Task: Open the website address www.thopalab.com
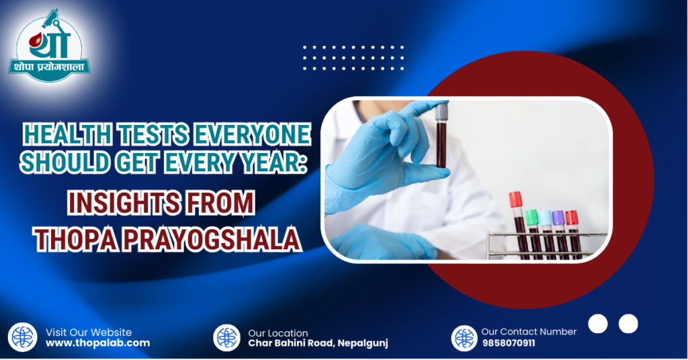97,343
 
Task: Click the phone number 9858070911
509,343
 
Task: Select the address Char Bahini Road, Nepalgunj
318,344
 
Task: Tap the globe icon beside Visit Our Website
23,337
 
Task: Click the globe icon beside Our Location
226,338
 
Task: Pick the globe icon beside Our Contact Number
464,338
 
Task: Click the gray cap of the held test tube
441,114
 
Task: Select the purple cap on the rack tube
558,217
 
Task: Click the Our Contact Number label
529,332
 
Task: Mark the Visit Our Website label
89,332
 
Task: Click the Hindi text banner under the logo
50,67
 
